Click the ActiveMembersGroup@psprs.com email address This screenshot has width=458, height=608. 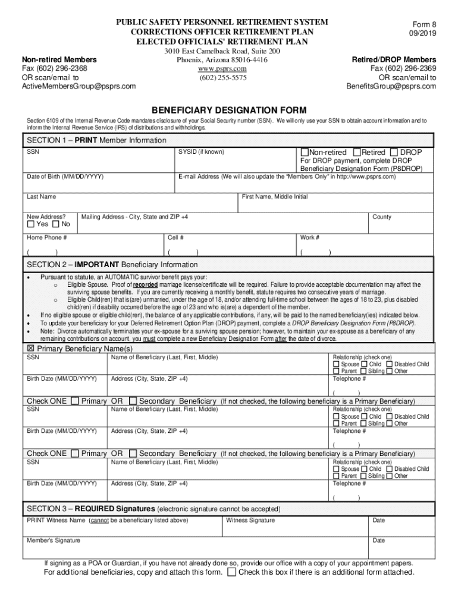[79, 86]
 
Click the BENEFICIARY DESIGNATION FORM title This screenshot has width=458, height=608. [229, 110]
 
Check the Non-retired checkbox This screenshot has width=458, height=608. [305, 153]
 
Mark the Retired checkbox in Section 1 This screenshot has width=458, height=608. [357, 153]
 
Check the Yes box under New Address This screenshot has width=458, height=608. [31, 224]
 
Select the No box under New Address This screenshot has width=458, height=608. [56, 224]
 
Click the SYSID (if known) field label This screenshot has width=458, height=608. [201, 152]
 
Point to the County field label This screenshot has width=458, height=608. [381, 217]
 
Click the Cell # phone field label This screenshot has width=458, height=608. [175, 237]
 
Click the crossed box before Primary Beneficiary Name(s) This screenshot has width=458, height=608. [30, 349]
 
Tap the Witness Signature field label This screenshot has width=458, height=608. [250, 520]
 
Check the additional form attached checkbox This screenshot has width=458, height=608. [232, 572]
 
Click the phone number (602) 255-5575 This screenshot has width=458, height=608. [222, 78]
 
